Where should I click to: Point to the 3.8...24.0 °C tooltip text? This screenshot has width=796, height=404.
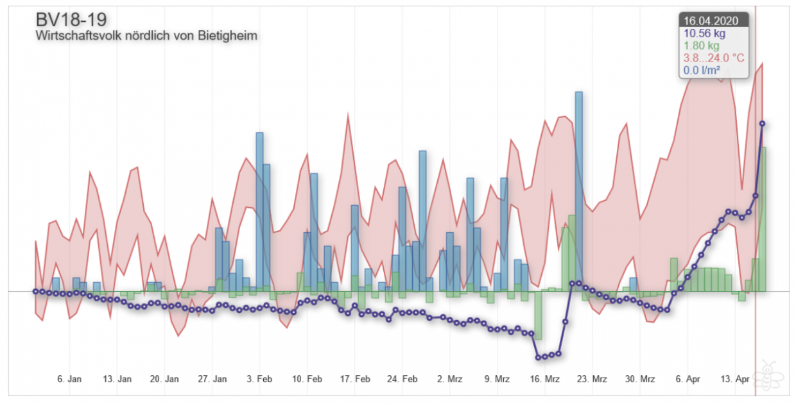point(714,58)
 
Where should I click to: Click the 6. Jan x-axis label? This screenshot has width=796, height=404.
point(69,379)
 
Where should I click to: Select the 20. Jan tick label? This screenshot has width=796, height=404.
point(164,379)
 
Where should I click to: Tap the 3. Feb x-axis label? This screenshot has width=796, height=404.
point(259,379)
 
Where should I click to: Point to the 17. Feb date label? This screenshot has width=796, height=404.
point(354,379)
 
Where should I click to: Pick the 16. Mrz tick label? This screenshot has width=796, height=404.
point(544,379)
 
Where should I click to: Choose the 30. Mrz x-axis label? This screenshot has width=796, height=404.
point(639,379)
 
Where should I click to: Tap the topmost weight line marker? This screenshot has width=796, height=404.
point(762,123)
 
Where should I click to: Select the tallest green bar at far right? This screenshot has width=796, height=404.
point(763,218)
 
